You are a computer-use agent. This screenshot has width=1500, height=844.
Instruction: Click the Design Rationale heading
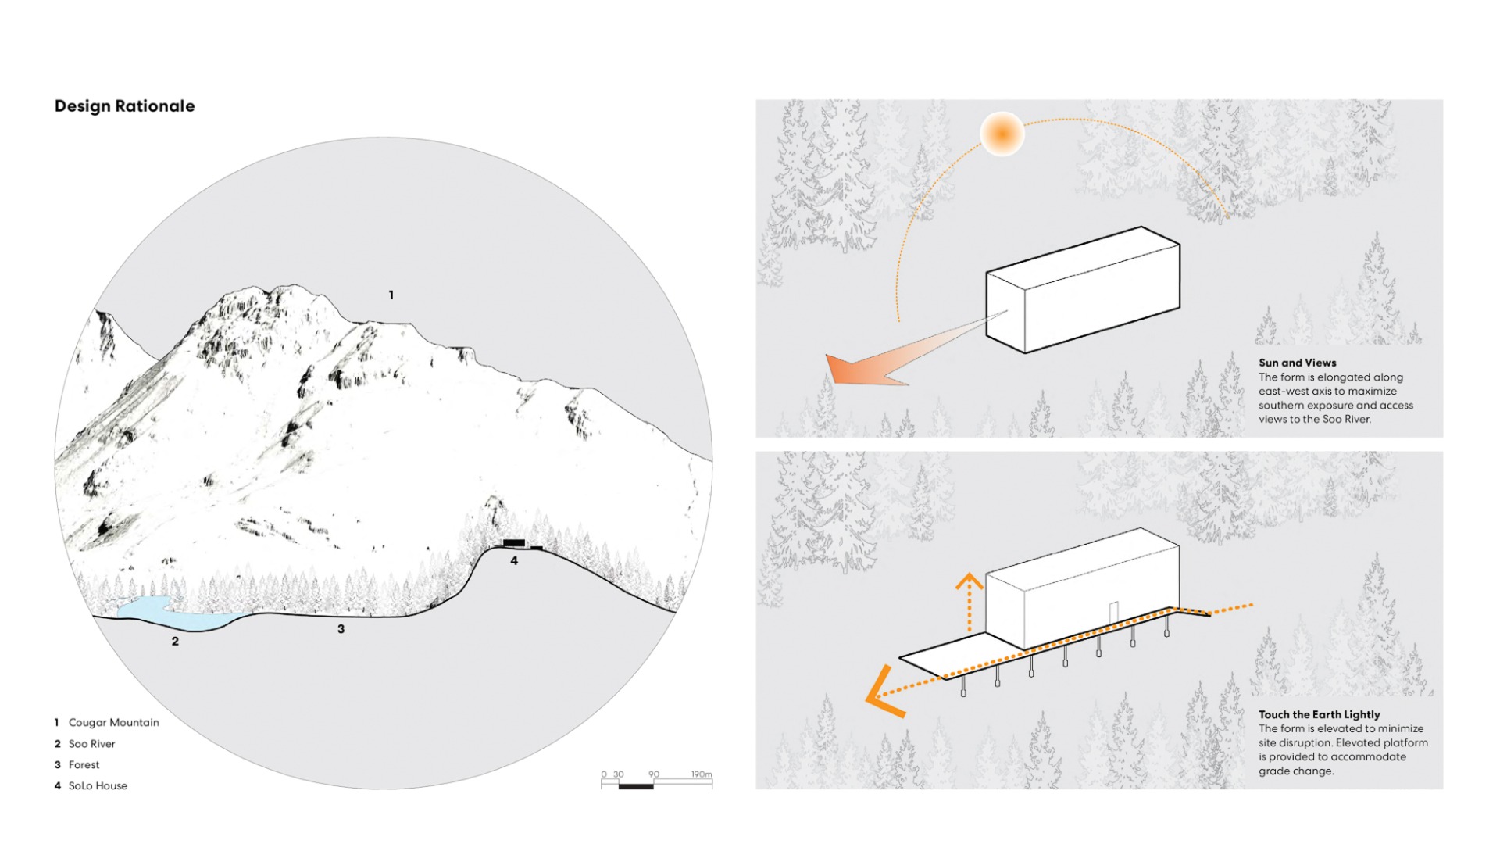point(124,106)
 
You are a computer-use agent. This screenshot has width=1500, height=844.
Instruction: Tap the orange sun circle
point(1002,134)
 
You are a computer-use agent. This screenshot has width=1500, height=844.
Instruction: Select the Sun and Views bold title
point(1297,363)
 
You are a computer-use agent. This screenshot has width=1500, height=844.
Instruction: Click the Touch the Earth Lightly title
point(1319,714)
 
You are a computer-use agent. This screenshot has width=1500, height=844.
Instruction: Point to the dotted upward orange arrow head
point(970,581)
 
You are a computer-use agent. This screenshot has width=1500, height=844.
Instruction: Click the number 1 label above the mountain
point(391,295)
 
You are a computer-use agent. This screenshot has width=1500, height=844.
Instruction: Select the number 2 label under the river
point(175,642)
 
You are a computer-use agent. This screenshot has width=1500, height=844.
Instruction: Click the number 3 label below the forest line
point(341,629)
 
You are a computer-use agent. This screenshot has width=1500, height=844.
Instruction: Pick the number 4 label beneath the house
point(514,560)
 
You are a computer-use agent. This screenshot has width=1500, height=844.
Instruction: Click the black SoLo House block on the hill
point(513,542)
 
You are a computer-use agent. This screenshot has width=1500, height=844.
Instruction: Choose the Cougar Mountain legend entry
point(113,723)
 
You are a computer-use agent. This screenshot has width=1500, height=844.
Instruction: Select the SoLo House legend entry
point(98,786)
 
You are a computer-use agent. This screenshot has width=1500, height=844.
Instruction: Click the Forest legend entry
point(84,765)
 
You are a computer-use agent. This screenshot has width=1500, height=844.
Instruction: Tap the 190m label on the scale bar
point(701,774)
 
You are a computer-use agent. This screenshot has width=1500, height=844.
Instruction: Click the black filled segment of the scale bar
point(635,785)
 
